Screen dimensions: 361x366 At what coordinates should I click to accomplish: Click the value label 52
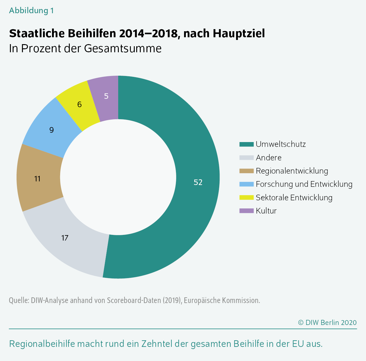coord(198,182)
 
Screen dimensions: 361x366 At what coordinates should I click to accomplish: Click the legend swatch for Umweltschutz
coord(246,144)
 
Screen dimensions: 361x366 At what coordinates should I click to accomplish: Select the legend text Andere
coord(269,158)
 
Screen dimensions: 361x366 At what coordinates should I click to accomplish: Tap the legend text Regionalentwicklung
coord(292,171)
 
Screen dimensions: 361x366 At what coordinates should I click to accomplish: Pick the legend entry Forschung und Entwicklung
coord(304,184)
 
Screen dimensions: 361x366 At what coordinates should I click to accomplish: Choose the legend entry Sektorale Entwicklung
coord(294,198)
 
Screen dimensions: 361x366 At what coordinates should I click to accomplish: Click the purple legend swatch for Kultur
coord(246,211)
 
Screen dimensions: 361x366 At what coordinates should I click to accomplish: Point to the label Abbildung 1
coord(31,11)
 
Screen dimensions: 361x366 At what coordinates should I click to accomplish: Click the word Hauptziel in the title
coord(239,33)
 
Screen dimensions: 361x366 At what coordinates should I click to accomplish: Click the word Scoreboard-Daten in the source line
coord(134,300)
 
